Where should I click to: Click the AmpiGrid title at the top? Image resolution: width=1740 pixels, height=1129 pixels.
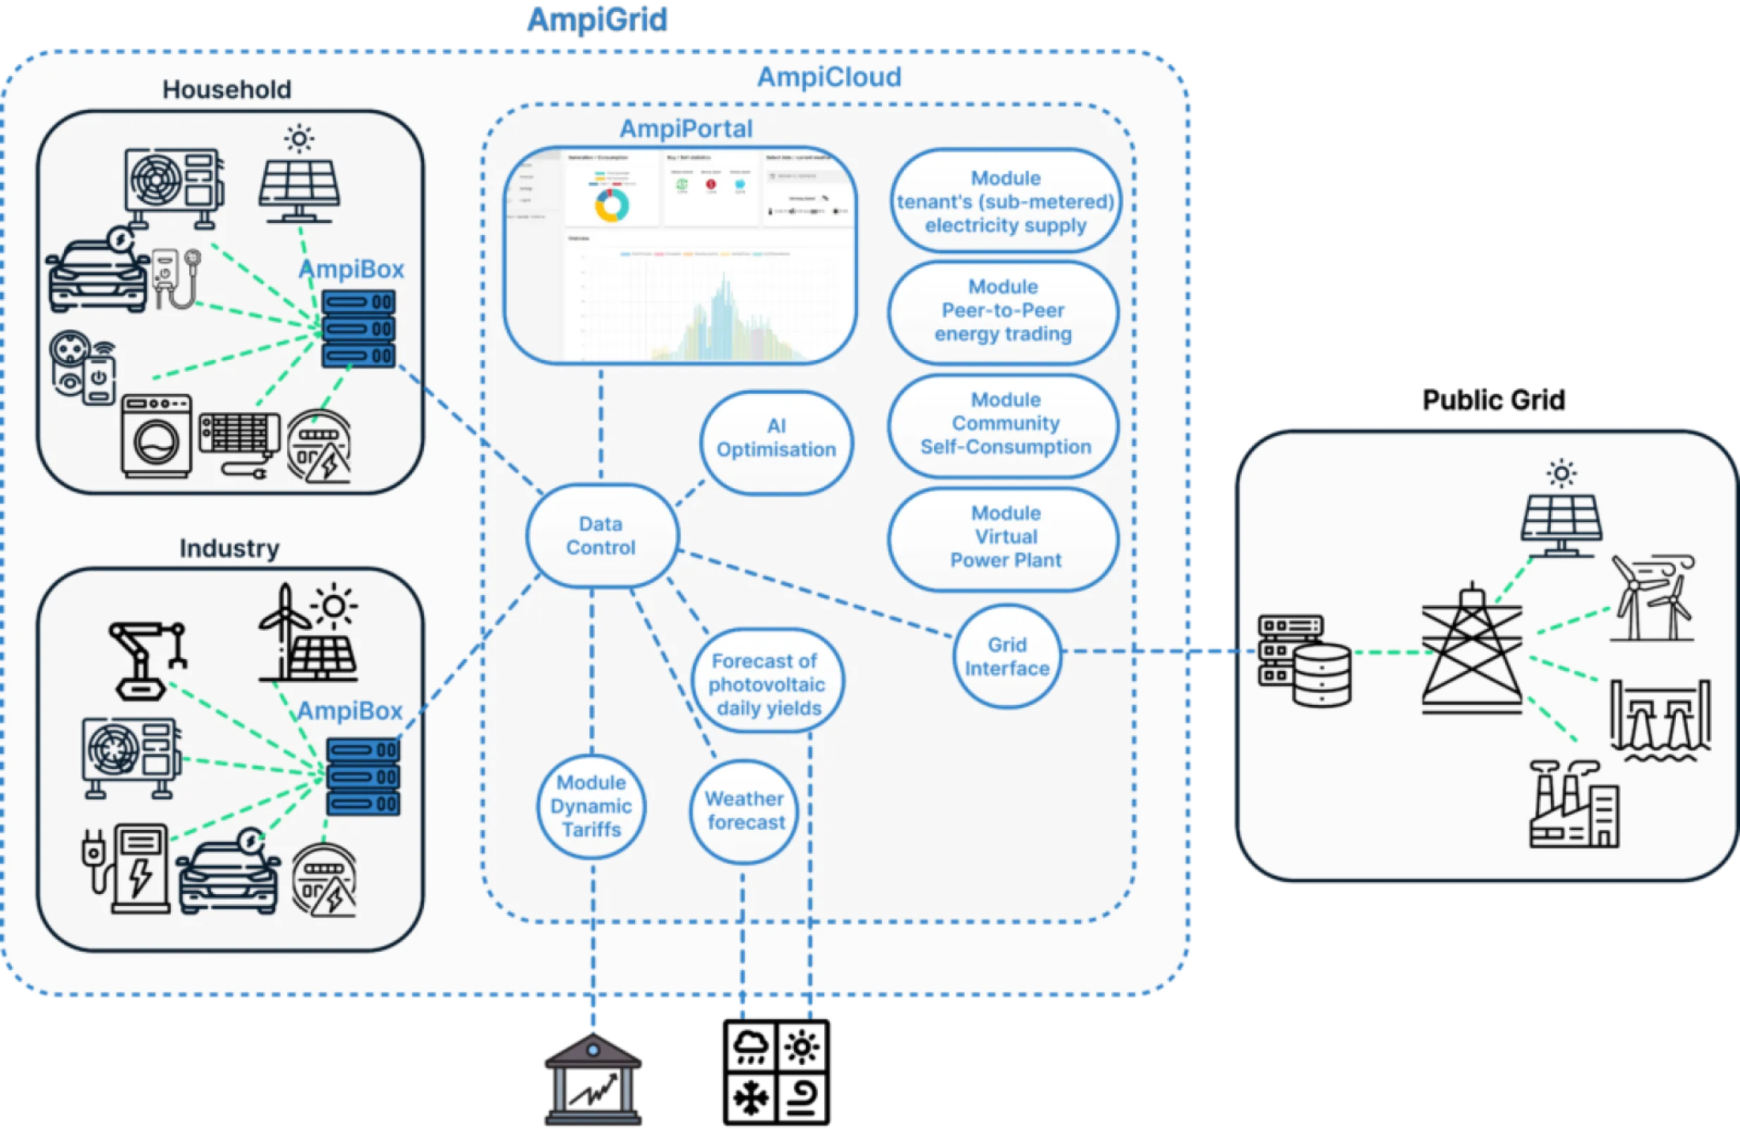[x=598, y=20]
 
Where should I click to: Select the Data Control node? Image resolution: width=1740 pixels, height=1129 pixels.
[x=601, y=536]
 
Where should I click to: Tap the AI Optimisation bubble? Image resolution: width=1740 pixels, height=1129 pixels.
[x=775, y=439]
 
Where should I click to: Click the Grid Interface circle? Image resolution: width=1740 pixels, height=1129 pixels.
[x=1007, y=657]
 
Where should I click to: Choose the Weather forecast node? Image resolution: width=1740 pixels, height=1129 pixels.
[x=744, y=811]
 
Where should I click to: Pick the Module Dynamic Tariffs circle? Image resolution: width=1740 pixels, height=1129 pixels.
[x=591, y=807]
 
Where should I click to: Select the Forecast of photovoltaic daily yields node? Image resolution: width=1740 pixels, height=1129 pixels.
[x=767, y=684]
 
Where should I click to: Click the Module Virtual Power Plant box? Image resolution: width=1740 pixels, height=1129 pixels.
[x=1005, y=537]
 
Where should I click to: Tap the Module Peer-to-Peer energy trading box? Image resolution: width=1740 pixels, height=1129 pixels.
[x=1003, y=310]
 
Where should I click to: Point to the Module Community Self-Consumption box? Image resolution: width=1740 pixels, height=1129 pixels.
[x=1005, y=423]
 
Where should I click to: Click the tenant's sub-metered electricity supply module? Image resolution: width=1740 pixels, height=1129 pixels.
[x=1005, y=202]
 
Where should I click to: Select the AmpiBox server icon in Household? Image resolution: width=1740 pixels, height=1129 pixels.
[x=358, y=329]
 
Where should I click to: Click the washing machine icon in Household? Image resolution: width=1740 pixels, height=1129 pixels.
[x=157, y=437]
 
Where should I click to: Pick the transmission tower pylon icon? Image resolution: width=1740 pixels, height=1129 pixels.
[x=1471, y=651]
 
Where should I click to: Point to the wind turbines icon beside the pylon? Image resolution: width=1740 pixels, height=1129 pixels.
[x=1653, y=598]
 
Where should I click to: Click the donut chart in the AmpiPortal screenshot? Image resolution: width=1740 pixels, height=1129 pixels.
[x=611, y=206]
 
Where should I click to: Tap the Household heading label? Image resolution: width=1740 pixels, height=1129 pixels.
[x=226, y=90]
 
